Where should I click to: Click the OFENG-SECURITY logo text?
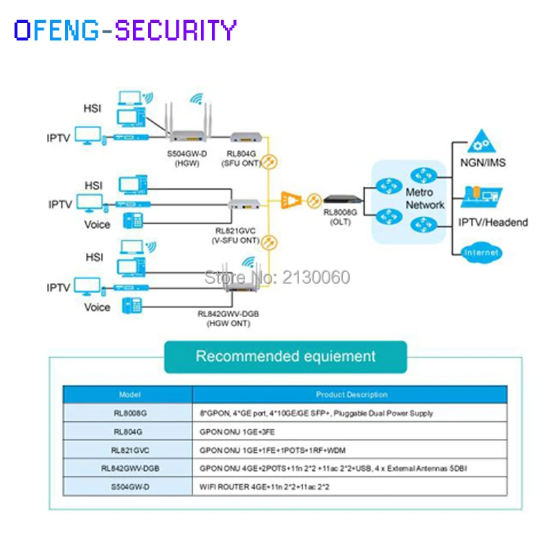click(x=125, y=30)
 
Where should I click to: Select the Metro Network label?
click(x=425, y=199)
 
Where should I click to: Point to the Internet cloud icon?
click(x=482, y=253)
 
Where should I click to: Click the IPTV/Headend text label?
click(x=493, y=222)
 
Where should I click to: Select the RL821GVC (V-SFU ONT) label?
click(x=235, y=235)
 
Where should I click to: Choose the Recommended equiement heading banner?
click(x=285, y=357)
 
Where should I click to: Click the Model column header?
click(x=129, y=395)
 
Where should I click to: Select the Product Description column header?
click(x=352, y=395)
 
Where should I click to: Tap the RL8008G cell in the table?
click(x=129, y=413)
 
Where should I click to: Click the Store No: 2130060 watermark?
click(x=277, y=278)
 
